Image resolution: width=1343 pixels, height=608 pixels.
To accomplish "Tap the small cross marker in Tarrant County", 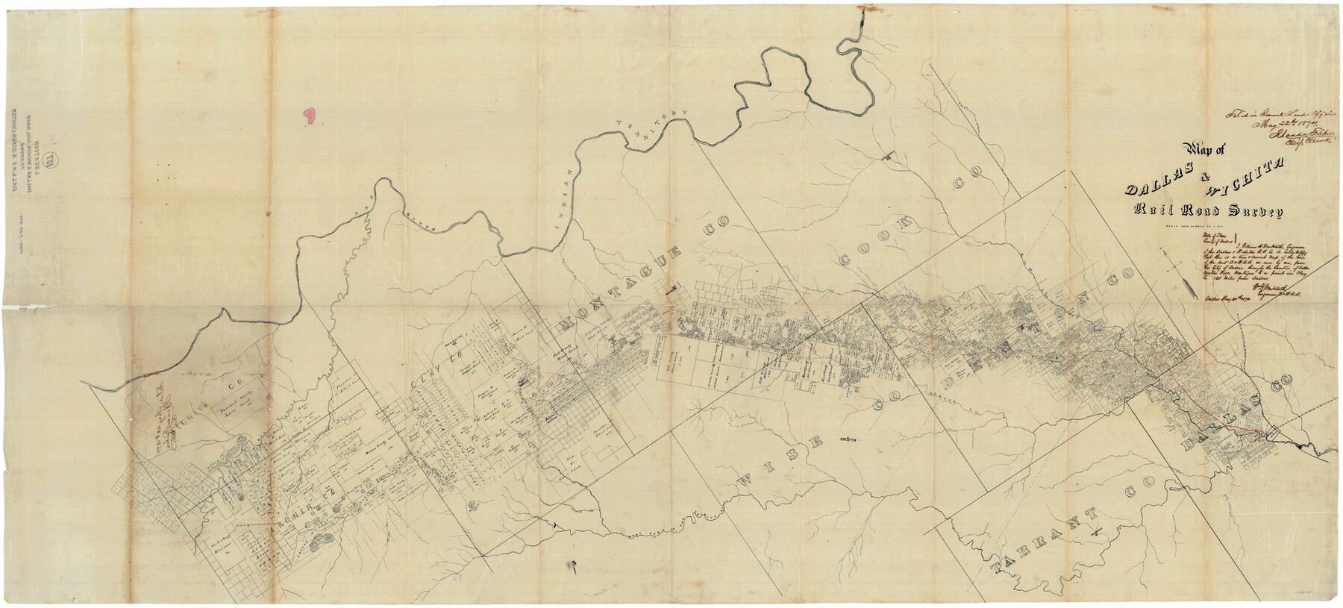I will tap(1095, 532).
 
